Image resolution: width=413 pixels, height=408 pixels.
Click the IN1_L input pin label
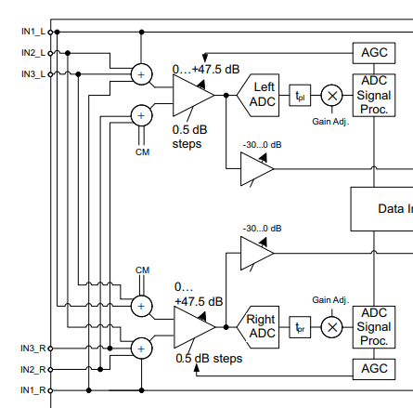click(x=33, y=32)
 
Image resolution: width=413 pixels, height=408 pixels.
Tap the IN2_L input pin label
click(x=33, y=53)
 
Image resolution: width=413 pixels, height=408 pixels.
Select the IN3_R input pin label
click(x=33, y=349)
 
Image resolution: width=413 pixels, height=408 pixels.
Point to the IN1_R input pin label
click(x=33, y=390)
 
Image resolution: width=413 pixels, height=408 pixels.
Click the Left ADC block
click(x=258, y=95)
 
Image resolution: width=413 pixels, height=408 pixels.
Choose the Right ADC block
click(x=258, y=327)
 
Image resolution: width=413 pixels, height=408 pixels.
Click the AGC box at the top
click(x=374, y=53)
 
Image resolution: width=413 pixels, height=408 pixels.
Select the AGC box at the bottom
click(x=374, y=369)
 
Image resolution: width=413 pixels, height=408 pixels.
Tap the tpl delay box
click(x=300, y=96)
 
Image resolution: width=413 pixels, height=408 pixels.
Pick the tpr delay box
click(x=300, y=327)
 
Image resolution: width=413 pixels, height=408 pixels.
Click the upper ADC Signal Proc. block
click(x=374, y=95)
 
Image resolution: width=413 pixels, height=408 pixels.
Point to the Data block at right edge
click(x=381, y=209)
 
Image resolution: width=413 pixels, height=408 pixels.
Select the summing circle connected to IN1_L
click(x=142, y=74)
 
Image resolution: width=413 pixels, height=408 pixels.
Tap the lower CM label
click(x=142, y=270)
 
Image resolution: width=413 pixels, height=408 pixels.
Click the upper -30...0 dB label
click(x=262, y=145)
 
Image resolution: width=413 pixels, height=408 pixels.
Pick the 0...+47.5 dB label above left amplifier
click(x=206, y=69)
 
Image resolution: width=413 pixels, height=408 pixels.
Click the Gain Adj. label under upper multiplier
click(x=330, y=122)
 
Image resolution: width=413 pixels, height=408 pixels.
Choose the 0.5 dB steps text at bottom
click(x=209, y=359)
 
